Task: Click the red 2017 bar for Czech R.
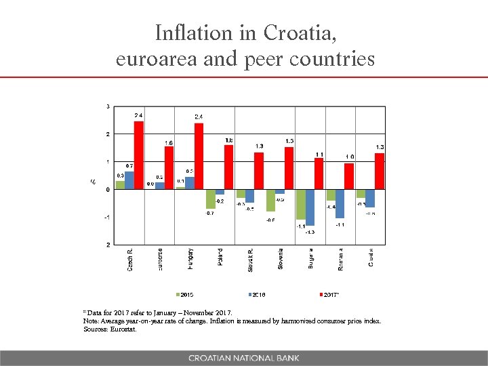tap(138, 155)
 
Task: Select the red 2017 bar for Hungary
tap(199, 156)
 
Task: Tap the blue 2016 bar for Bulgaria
tap(310, 207)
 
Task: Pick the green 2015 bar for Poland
tap(210, 199)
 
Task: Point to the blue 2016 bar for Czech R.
tap(129, 180)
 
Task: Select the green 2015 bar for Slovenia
tap(270, 200)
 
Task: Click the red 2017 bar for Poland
tap(228, 167)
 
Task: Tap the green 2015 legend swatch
tap(178, 294)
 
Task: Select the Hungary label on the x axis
tap(190, 260)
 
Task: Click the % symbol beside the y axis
tap(93, 181)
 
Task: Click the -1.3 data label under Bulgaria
tap(310, 232)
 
